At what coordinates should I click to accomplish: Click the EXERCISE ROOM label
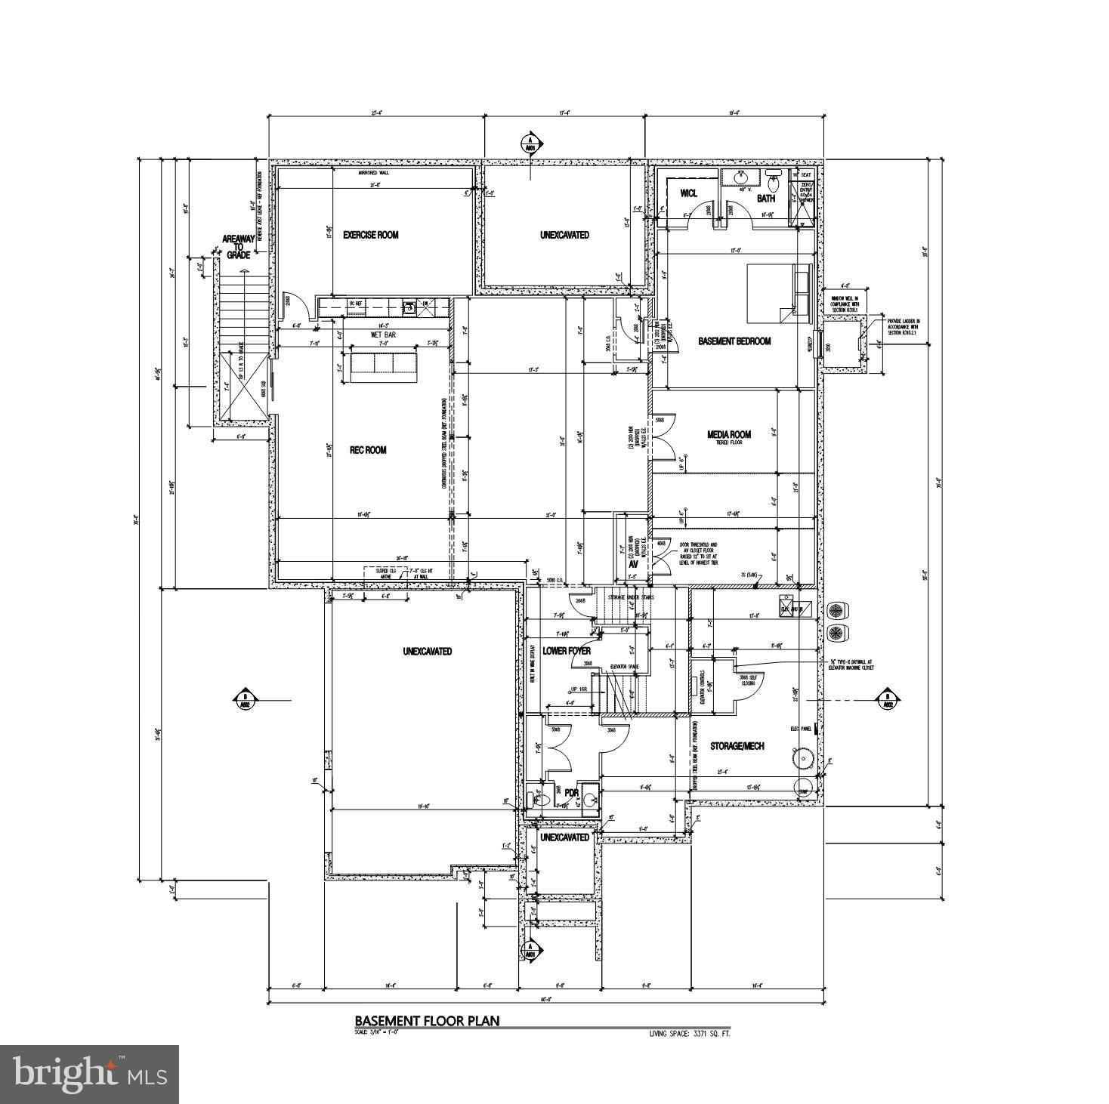[370, 235]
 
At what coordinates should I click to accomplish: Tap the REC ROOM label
[368, 450]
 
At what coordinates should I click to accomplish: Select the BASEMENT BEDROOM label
[734, 341]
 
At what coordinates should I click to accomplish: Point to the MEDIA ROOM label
[728, 434]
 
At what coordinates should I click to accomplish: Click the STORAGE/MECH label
[737, 746]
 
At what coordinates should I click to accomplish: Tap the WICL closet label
[687, 193]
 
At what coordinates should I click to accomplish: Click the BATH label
[766, 199]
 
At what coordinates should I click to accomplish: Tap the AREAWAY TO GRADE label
[236, 247]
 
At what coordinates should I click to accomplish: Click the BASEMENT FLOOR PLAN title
[427, 1021]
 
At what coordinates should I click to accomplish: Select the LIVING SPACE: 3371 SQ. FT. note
[690, 1033]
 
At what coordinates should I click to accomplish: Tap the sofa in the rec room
[383, 365]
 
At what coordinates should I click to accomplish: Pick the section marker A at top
[530, 143]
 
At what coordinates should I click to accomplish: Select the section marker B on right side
[887, 700]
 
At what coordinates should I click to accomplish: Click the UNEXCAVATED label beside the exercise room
[564, 235]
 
